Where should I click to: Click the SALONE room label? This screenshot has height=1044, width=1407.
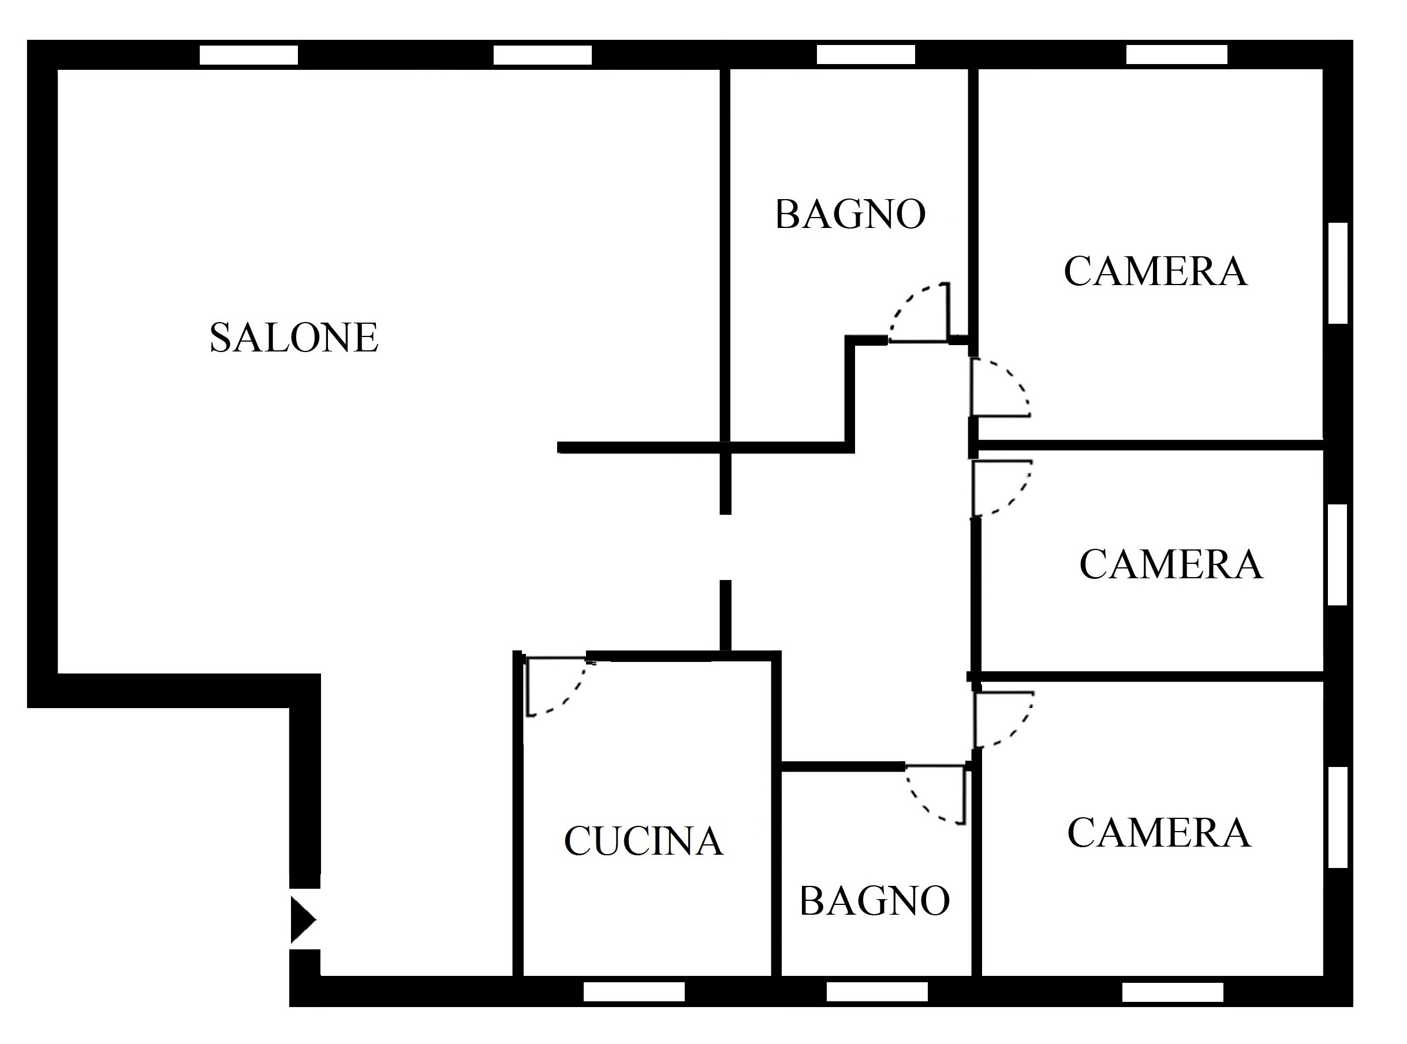pyautogui.click(x=294, y=338)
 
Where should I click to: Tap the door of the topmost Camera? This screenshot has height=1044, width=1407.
pyautogui.click(x=1001, y=387)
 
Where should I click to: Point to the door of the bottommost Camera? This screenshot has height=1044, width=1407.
pyautogui.click(x=1004, y=720)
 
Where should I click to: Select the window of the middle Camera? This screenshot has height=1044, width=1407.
pyautogui.click(x=1338, y=555)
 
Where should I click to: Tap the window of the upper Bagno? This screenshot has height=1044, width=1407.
pyautogui.click(x=866, y=54)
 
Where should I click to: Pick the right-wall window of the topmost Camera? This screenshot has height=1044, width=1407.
pyautogui.click(x=1338, y=273)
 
